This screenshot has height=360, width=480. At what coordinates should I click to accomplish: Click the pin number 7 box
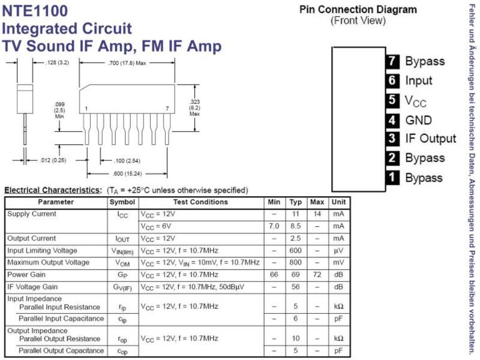tap(392, 61)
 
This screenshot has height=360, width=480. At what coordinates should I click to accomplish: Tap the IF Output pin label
tap(430, 139)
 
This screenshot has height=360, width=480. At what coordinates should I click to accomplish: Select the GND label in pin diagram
tap(418, 120)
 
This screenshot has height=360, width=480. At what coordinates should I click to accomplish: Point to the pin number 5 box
tap(392, 100)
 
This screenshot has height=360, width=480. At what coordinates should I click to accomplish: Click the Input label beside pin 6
tap(418, 80)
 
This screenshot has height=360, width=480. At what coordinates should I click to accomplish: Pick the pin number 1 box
tap(392, 178)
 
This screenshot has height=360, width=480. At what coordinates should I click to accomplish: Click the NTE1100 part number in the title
tap(35, 11)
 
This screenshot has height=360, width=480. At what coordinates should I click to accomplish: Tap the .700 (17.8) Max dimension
tap(127, 63)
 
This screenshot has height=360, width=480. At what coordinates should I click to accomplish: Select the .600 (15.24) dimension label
tap(127, 174)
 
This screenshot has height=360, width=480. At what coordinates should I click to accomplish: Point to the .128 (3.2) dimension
tap(57, 63)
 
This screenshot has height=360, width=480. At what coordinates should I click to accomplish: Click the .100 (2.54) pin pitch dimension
tap(127, 161)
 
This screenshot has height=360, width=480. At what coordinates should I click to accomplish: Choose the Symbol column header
tap(122, 202)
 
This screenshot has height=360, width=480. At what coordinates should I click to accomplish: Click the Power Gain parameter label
tap(26, 275)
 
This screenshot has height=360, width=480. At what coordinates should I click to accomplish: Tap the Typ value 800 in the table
tap(295, 262)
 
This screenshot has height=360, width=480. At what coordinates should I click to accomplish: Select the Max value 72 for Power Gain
tap(317, 275)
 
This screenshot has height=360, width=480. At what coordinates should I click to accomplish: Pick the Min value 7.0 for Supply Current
tap(274, 226)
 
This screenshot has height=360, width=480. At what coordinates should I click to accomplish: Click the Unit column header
tap(338, 202)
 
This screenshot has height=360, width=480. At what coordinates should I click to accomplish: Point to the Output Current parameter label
tap(32, 238)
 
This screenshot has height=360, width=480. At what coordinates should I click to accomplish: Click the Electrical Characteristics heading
tap(52, 190)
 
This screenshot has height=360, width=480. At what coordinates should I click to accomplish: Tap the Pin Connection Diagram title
tap(358, 10)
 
